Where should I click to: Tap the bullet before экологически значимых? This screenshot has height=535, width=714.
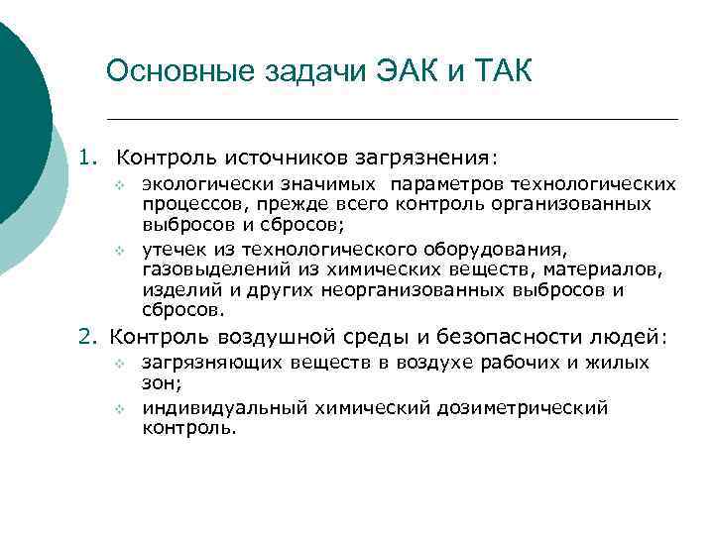tap(117, 185)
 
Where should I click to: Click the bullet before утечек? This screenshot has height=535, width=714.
tap(117, 249)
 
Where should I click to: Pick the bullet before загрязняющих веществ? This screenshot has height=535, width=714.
tap(117, 364)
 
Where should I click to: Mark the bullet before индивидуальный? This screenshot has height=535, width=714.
tap(117, 408)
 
